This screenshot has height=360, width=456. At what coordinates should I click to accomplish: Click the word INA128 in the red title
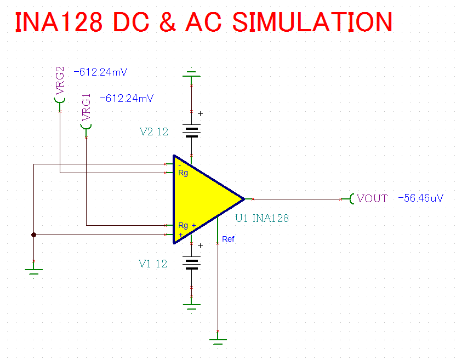58,22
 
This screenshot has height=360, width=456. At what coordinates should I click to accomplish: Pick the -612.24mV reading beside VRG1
127,99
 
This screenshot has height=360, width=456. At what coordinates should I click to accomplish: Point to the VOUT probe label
372,198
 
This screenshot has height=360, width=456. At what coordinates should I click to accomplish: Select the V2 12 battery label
153,132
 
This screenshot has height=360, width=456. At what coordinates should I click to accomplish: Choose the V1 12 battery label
152,264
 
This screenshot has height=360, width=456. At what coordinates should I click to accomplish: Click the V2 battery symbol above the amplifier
191,131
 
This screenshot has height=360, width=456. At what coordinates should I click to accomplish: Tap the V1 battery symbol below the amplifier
191,264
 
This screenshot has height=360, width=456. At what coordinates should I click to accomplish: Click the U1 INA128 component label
262,218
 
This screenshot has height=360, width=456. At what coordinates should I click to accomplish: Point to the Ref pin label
228,239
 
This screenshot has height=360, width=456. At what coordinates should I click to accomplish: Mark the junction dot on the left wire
34,235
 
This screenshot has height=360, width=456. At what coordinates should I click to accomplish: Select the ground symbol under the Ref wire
218,341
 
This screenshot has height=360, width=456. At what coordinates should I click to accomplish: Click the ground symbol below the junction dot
34,271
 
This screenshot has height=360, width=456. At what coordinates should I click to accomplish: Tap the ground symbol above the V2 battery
191,74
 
